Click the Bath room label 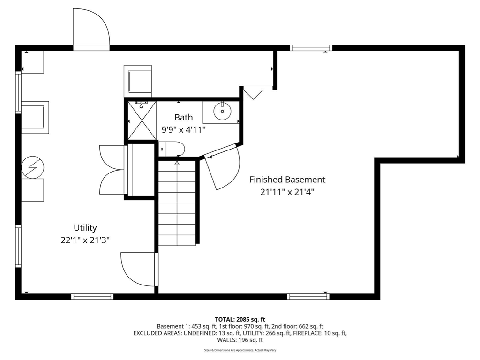click(x=184, y=117)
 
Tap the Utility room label click(x=85, y=228)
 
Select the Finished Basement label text click(x=287, y=180)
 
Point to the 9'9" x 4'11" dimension click(x=183, y=130)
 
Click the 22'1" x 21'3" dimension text click(x=85, y=240)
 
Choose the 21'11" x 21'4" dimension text click(x=287, y=192)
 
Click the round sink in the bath click(x=222, y=112)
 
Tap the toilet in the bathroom click(x=172, y=149)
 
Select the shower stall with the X click(x=142, y=120)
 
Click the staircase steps click(x=177, y=202)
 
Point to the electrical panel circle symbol click(x=33, y=167)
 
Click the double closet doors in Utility click(x=112, y=169)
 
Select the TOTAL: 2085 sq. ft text click(x=240, y=320)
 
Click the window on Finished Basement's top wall click(x=311, y=48)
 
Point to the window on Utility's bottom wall click(x=92, y=296)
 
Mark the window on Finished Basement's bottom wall click(x=308, y=296)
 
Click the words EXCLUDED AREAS click(x=157, y=333)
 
